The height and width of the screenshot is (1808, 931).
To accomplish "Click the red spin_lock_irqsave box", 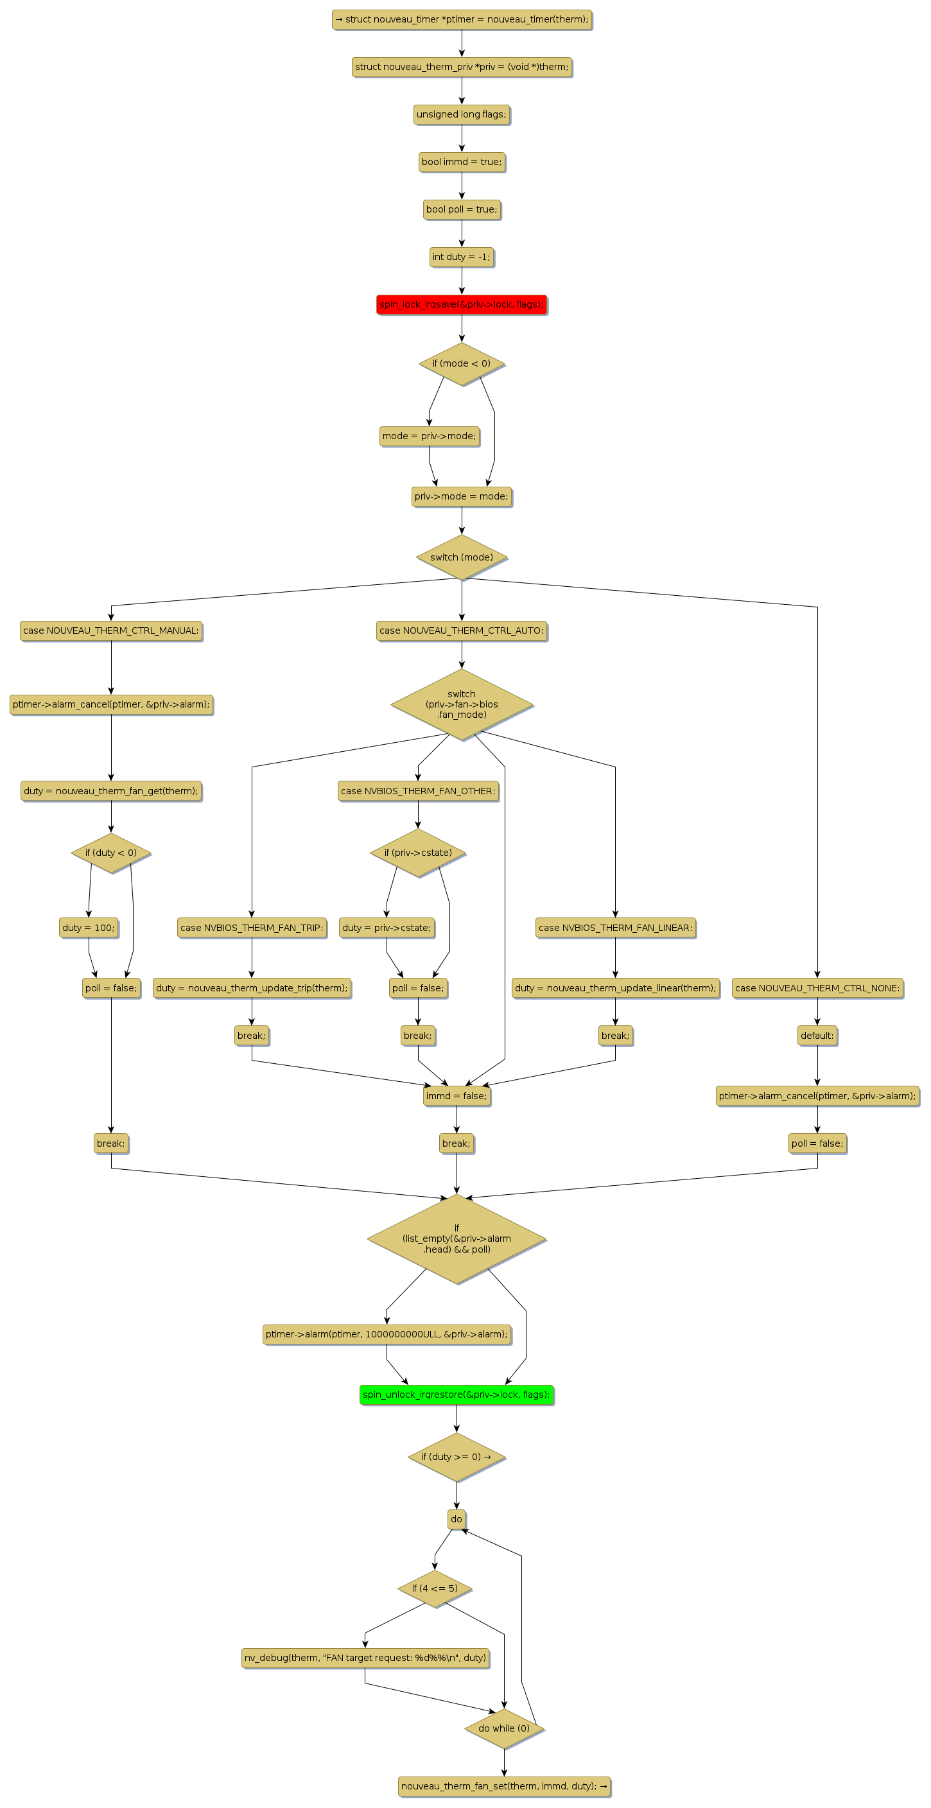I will point(461,304).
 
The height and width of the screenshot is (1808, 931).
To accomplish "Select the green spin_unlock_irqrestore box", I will point(457,1395).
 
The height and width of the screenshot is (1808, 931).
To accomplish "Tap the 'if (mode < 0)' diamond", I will point(461,363).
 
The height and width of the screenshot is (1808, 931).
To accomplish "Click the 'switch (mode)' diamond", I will point(461,557).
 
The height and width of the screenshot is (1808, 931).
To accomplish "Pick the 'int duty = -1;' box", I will point(461,257).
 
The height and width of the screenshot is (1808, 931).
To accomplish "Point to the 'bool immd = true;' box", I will point(461,162).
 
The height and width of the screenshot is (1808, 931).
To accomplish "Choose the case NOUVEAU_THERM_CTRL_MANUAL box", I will point(111,631).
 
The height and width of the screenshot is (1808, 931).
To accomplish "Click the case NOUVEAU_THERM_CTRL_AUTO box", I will point(461,631).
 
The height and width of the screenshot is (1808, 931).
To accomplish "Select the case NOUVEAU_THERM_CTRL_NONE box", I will point(817,988).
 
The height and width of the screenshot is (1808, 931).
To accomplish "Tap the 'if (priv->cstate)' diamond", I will point(418,853).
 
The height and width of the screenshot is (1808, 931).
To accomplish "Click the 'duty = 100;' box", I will point(89,928).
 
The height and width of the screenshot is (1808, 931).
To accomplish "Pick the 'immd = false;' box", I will point(457,1097).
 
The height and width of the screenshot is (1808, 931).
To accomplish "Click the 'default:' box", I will point(817,1036).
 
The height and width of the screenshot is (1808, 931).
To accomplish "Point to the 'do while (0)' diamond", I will point(504,1728).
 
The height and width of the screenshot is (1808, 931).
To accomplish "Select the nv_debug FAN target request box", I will point(365,1658).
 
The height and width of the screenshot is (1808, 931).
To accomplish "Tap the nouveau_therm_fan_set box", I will point(504,1786).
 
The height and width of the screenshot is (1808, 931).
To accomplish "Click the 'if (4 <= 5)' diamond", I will point(435,1588).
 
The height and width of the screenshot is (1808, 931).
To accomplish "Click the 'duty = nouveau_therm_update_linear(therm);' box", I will point(615,988).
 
